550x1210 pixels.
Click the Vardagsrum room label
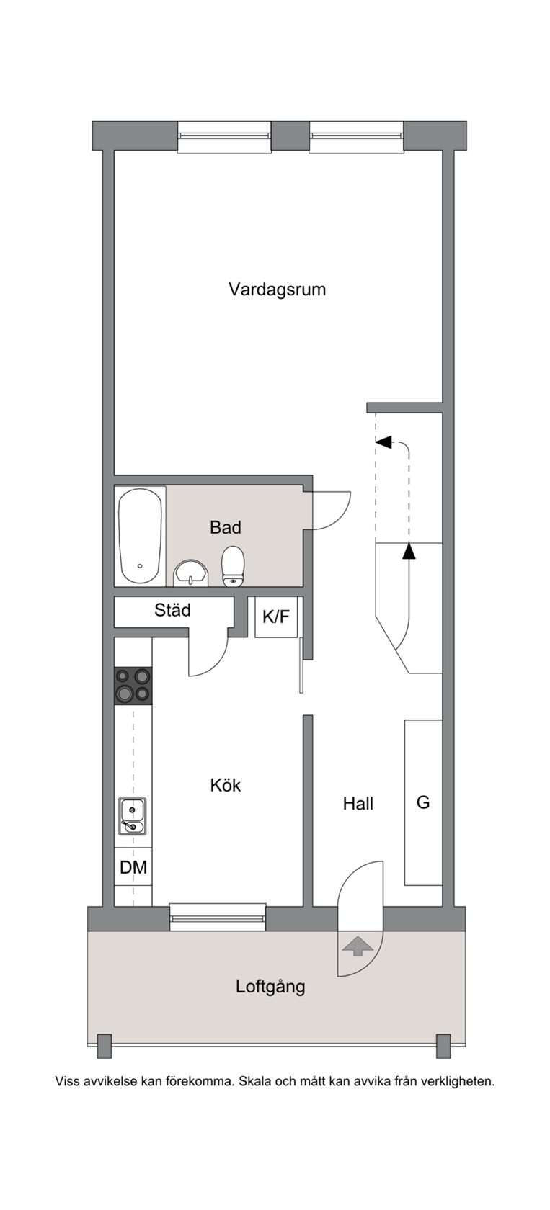277,290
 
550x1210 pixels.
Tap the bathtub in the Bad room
140,536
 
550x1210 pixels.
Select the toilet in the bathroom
233,566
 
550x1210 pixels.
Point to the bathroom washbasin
190,573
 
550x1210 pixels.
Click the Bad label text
226,527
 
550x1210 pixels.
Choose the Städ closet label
172,610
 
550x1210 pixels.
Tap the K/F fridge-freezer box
276,617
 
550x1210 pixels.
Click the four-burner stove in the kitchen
133,686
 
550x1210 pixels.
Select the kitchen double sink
133,816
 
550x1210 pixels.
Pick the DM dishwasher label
133,868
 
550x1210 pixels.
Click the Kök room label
226,785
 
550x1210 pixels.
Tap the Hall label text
358,804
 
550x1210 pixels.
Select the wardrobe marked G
423,802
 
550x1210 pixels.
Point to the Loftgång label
270,987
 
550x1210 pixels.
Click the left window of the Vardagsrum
224,137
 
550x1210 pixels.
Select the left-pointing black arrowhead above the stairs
383,442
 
